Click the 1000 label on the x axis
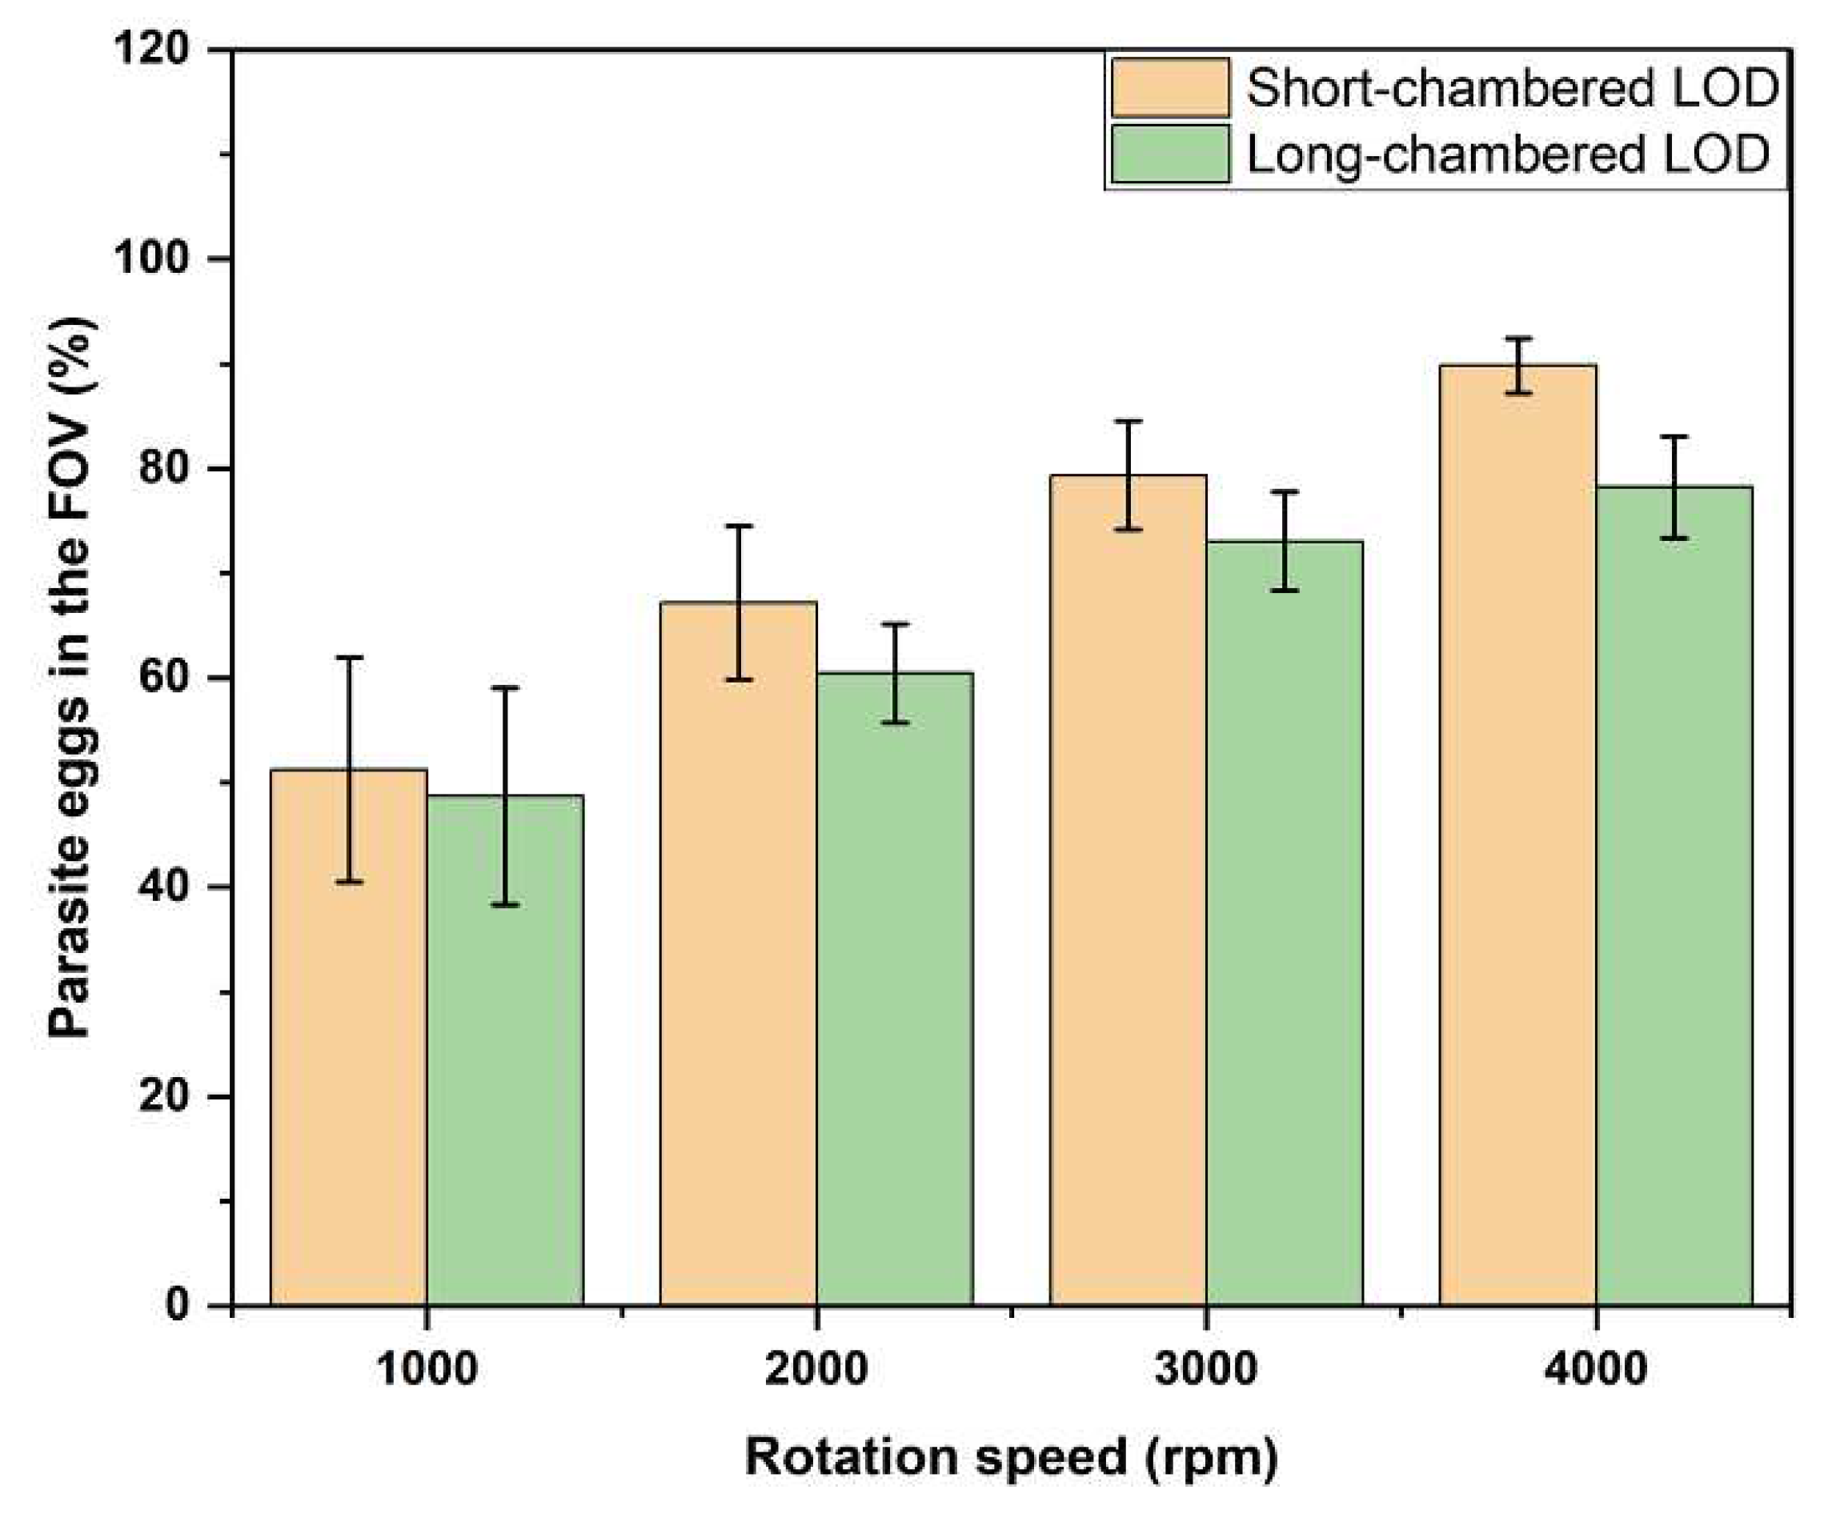[x=427, y=1369]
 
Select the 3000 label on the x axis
[x=1206, y=1369]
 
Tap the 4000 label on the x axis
[x=1596, y=1369]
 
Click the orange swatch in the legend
[x=1170, y=88]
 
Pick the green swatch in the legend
[x=1170, y=154]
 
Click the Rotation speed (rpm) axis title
[x=1012, y=1457]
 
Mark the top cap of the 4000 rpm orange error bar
[x=1518, y=338]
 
